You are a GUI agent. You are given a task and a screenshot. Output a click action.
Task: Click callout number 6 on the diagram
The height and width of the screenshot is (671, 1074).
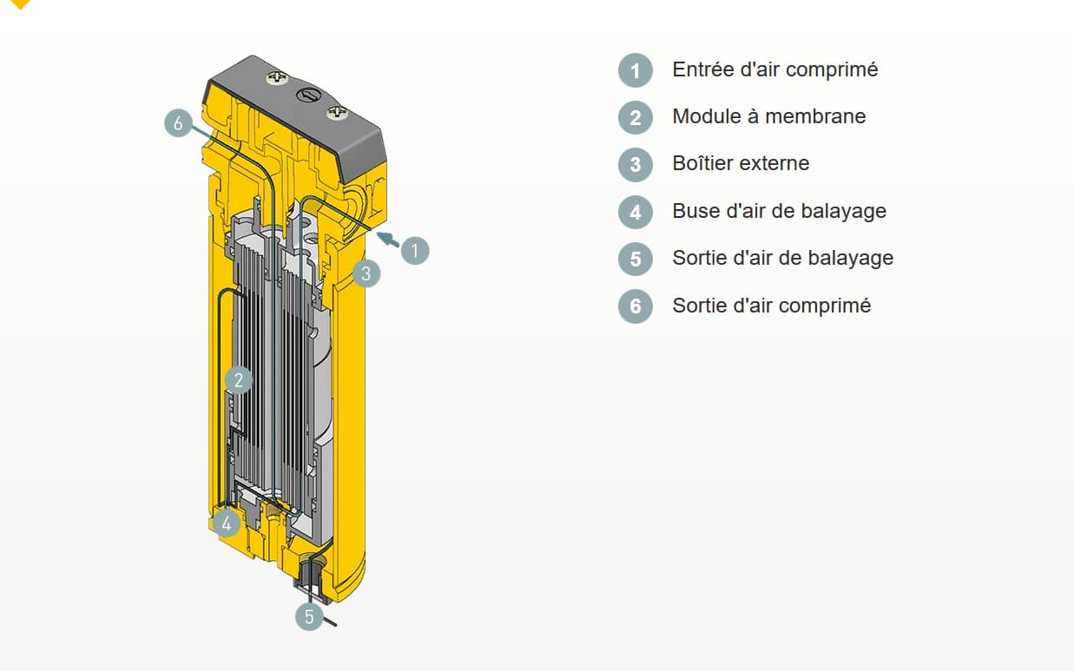[178, 123]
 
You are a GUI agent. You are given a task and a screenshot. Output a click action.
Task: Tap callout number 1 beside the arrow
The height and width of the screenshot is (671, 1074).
[415, 250]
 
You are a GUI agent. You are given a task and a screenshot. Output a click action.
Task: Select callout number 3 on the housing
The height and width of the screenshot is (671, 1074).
[366, 273]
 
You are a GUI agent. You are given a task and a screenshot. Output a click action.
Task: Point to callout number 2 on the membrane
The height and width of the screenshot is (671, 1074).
[238, 380]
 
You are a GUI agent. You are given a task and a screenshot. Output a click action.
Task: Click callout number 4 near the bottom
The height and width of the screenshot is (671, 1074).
[227, 523]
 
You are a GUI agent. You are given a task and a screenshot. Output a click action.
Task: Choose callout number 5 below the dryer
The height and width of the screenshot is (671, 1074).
[309, 616]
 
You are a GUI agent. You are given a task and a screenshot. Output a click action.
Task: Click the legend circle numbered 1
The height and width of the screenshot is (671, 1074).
[636, 70]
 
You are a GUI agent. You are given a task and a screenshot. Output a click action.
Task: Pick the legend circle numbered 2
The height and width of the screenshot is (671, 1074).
[636, 117]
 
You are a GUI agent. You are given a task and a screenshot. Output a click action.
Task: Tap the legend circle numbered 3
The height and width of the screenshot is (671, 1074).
[636, 164]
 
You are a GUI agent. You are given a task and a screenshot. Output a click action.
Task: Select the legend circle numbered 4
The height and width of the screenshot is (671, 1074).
[636, 212]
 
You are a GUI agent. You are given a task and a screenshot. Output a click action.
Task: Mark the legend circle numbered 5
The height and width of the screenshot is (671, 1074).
[636, 259]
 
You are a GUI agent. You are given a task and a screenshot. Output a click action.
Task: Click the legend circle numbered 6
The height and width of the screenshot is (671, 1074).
[636, 306]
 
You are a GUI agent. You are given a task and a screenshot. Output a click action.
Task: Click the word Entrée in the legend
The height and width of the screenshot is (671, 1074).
[703, 69]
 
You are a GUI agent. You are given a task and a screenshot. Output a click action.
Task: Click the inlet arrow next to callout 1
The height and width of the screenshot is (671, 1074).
[388, 240]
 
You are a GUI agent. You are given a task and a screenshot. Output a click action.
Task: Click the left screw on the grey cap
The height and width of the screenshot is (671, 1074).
[278, 76]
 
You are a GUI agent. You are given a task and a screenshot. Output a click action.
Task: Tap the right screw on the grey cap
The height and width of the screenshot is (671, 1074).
[338, 113]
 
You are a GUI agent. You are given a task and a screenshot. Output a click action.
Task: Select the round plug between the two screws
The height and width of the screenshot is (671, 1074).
[308, 95]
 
